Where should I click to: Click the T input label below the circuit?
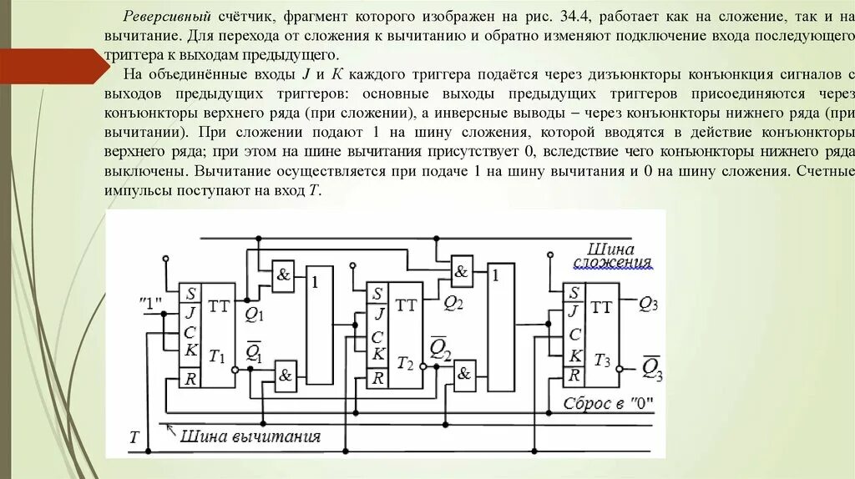(134, 436)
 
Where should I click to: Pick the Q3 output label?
(650, 305)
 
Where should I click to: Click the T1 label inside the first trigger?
(218, 357)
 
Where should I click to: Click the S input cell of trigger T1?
(191, 295)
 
